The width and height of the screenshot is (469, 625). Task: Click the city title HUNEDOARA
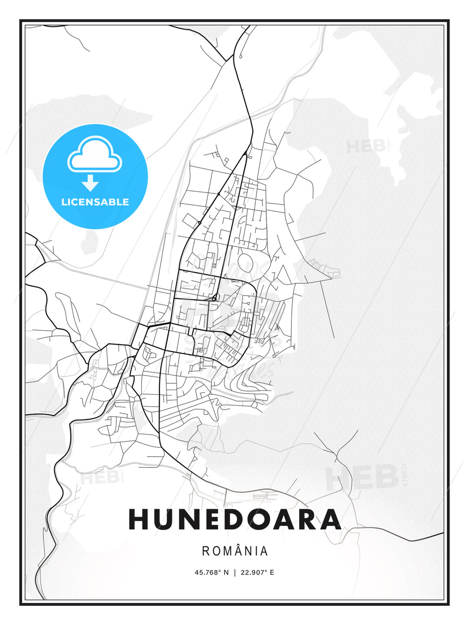(x=234, y=520)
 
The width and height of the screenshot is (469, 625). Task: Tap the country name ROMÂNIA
(x=235, y=551)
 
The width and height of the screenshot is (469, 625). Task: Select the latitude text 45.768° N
(x=211, y=572)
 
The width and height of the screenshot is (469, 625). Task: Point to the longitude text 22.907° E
(x=257, y=572)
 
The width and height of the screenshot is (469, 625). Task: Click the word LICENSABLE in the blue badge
(x=95, y=202)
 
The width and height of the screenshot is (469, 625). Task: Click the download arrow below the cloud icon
(x=90, y=183)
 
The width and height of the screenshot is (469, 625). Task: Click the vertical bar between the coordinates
(x=235, y=572)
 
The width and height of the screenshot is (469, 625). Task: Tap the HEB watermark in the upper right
(x=366, y=147)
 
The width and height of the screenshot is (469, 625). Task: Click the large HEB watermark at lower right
(x=362, y=477)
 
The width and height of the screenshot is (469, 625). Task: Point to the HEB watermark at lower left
(x=100, y=478)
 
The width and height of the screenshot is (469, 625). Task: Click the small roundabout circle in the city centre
(x=214, y=299)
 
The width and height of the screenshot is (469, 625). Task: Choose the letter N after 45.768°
(x=226, y=572)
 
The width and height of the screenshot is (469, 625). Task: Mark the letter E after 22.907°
(x=272, y=572)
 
